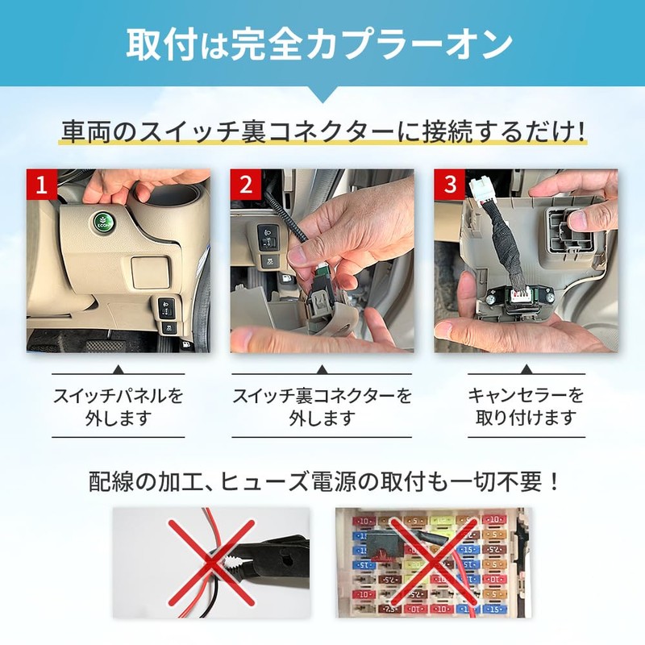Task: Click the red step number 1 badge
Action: click(x=41, y=184)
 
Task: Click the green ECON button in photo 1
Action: click(x=102, y=221)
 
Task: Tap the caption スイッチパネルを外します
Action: click(x=119, y=407)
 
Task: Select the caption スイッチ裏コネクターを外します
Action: click(x=322, y=407)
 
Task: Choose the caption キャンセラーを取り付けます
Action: click(x=526, y=407)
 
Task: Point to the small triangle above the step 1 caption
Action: click(x=119, y=369)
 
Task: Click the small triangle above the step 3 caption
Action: click(x=526, y=369)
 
